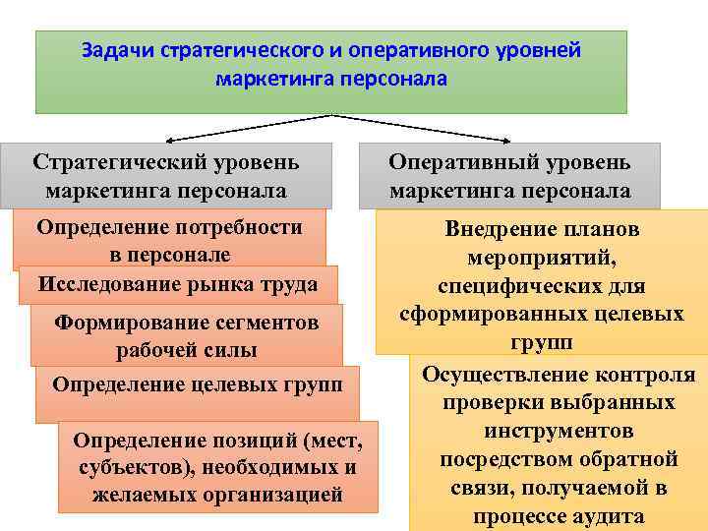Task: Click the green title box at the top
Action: [x=330, y=71]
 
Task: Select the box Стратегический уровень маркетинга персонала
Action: [x=165, y=175]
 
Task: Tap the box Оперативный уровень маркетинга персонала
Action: [x=509, y=175]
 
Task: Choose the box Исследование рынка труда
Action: [x=178, y=284]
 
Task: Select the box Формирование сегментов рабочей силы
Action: [x=186, y=336]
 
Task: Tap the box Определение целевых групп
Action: [x=197, y=383]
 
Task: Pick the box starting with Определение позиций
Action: [x=217, y=468]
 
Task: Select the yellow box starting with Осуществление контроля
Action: [x=558, y=444]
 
